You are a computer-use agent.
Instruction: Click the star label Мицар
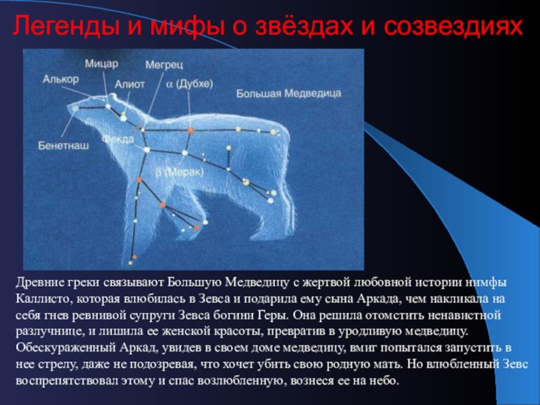tap(102, 64)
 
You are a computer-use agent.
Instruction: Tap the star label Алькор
tap(61, 80)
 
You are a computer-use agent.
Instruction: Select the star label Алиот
tap(130, 84)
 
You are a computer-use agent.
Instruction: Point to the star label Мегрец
tap(165, 65)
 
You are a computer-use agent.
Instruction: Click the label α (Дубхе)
tap(190, 84)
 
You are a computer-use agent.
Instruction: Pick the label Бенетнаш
tap(63, 146)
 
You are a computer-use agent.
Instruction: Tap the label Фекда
tap(118, 139)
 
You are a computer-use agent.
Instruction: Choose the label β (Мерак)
tap(179, 172)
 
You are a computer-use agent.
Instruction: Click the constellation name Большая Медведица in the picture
tap(288, 93)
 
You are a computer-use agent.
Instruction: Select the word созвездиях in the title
tap(454, 26)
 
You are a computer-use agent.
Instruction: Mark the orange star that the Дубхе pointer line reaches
tap(190, 130)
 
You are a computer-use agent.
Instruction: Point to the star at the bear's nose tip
tap(75, 108)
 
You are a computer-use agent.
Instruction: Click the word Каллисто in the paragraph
tap(43, 298)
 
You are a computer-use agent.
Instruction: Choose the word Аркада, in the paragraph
tap(379, 298)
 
